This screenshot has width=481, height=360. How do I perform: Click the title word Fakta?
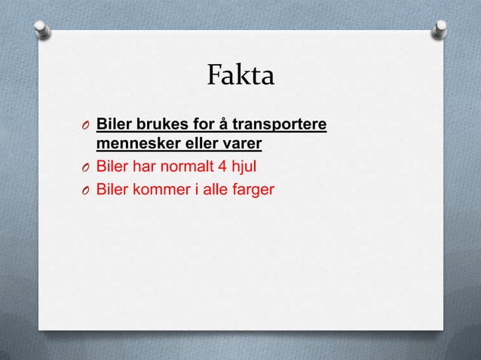(x=240, y=77)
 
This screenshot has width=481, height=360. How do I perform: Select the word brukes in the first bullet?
(x=153, y=124)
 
